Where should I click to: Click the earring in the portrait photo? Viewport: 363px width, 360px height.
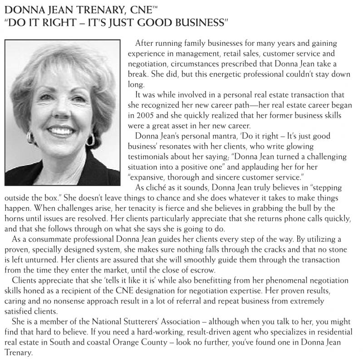[x=90, y=138]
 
